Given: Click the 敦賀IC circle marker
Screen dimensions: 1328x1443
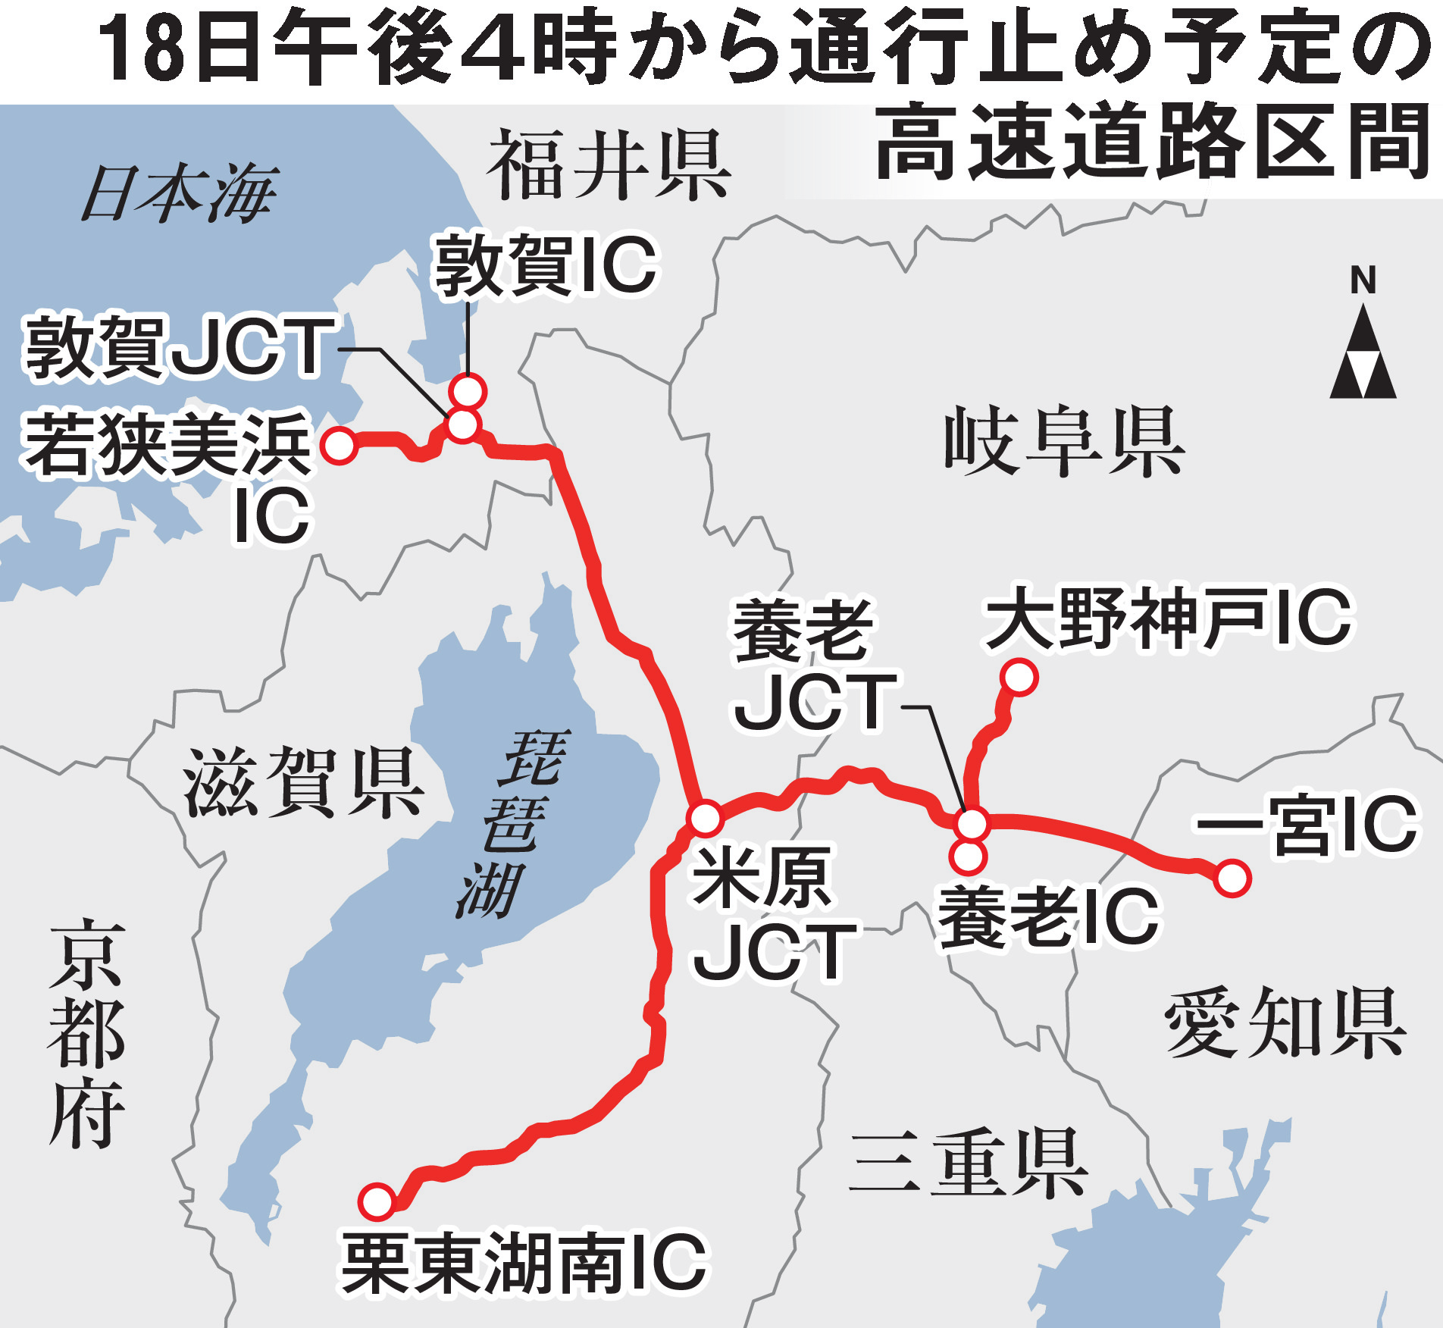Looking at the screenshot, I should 468,392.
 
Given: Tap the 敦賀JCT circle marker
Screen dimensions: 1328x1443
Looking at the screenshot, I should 462,424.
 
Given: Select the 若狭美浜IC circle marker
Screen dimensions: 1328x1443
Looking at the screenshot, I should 339,445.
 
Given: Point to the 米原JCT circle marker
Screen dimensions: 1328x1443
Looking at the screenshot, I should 706,818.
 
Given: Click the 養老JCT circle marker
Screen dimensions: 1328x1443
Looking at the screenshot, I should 972,823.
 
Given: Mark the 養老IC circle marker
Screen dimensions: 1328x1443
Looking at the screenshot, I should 968,857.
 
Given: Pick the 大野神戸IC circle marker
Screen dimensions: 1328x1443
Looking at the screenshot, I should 1019,677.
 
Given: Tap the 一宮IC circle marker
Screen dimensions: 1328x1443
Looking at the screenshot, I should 1232,879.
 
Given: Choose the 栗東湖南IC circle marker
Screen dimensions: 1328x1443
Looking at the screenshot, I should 377,1201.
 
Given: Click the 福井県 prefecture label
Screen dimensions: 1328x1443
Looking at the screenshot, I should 608,164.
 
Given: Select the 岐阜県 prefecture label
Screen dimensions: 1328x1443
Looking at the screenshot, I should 1063,441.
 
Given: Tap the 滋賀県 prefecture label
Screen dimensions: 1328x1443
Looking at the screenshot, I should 302,782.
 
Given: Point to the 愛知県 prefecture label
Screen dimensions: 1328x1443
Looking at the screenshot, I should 1285,1024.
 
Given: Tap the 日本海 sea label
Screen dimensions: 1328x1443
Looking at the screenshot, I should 179,195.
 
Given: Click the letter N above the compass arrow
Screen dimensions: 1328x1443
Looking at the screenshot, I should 1363,280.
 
